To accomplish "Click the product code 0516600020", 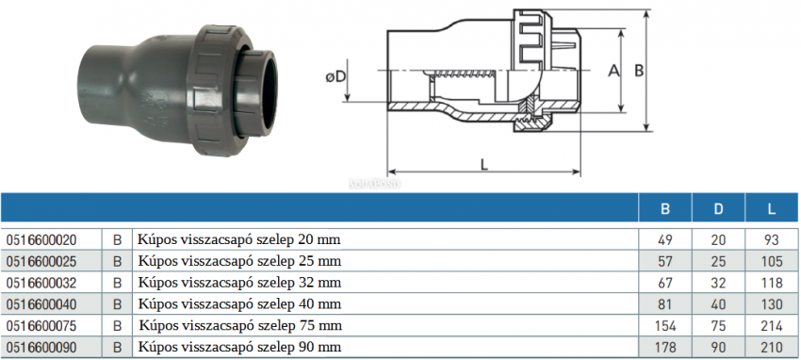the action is point(41,240).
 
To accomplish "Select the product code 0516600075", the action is point(41,326).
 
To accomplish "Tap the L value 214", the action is point(772,326).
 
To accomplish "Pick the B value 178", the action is point(664,348).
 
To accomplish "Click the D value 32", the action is point(718,283).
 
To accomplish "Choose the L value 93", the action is point(772,240).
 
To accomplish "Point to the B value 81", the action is point(664,304).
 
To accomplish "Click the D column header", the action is point(718,208).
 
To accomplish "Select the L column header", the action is point(772,208).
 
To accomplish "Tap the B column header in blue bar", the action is point(664,208).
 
